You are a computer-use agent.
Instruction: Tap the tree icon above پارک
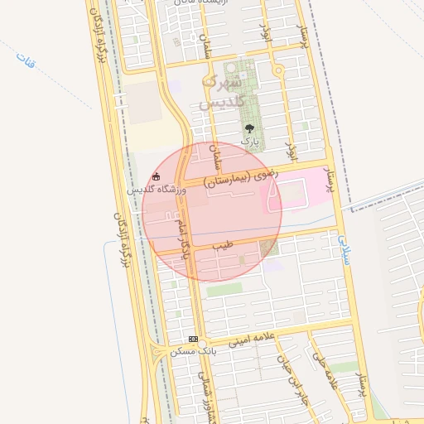(x=249, y=129)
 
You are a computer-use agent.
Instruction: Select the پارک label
(x=249, y=142)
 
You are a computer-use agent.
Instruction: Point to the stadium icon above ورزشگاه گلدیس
(x=157, y=176)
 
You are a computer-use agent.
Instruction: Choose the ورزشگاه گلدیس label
(x=157, y=190)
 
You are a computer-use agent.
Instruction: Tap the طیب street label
(x=222, y=246)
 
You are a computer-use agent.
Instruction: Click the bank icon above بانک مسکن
(x=193, y=339)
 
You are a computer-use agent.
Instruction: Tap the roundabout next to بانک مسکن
(x=202, y=343)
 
